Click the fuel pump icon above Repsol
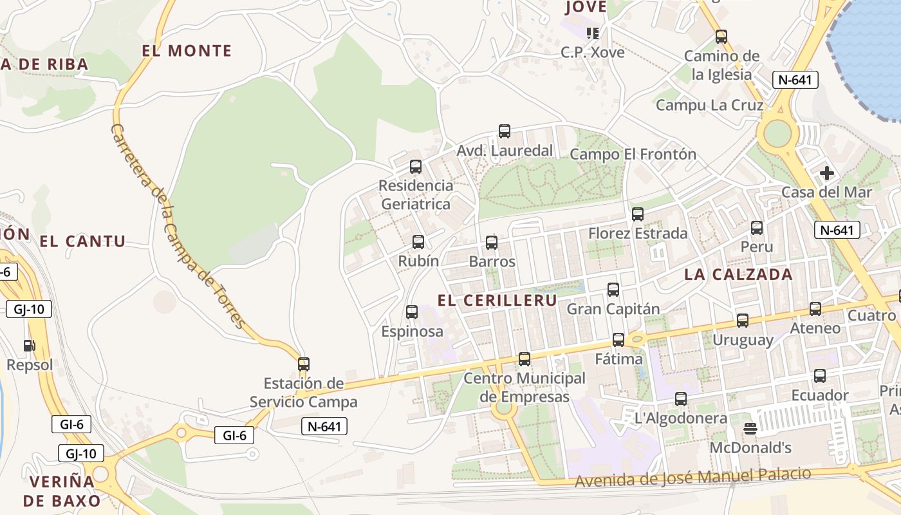coord(29,346)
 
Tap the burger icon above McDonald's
coord(750,428)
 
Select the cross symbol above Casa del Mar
coord(827,173)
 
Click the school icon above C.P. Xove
coord(592,33)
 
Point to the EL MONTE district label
coord(187,51)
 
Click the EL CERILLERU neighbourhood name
coord(497,301)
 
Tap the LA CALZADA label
coord(738,274)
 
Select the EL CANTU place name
coord(82,241)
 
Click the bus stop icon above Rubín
coord(418,242)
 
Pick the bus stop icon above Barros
coord(492,243)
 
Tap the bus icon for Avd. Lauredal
coord(505,131)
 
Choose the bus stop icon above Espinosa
coord(412,312)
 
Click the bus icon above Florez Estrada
coord(638,214)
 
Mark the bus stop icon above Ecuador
coord(820,376)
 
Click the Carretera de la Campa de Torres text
coord(176,226)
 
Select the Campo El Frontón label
coord(633,154)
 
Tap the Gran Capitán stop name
coord(613,309)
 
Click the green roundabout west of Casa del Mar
coord(777,133)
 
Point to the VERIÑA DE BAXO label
coord(62,491)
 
